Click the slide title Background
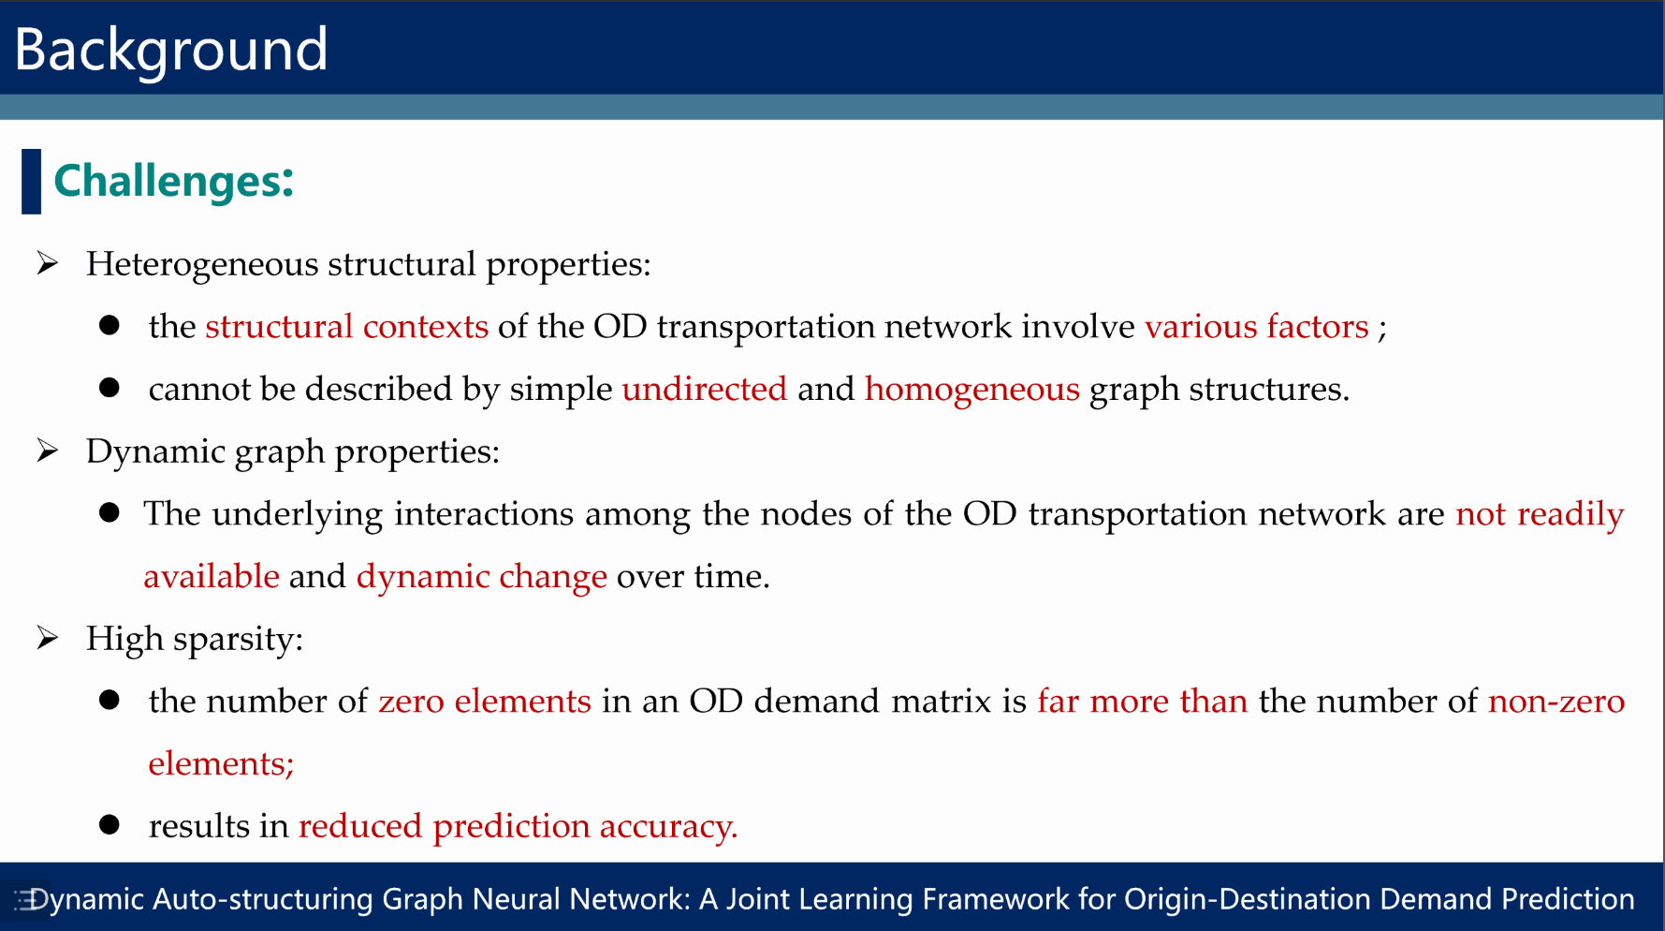(171, 50)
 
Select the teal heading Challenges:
(174, 181)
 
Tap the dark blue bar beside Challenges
(31, 181)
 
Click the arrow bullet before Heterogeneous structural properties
(48, 263)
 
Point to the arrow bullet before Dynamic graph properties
(48, 451)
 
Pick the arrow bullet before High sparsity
(48, 638)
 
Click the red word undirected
(705, 389)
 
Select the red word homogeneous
(972, 389)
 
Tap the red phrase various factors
(1257, 327)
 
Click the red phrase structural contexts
(347, 327)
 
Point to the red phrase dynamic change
(482, 577)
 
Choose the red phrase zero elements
(485, 702)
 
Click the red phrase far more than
(1143, 702)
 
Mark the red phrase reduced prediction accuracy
(518, 826)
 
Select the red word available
(212, 577)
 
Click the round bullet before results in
(110, 825)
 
